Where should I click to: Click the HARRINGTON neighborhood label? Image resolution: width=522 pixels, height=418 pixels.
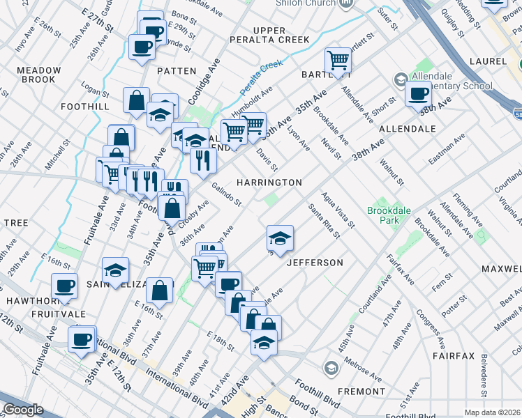tap(269, 183)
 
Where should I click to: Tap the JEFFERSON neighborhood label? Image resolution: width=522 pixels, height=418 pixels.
tap(315, 263)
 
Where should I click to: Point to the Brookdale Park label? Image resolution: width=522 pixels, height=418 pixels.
tap(385, 215)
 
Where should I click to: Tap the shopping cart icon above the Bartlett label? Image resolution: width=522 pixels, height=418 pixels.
tap(338, 59)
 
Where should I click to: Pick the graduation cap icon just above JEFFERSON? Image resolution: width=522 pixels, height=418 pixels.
tap(280, 238)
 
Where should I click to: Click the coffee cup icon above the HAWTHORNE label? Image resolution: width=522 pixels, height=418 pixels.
tap(65, 286)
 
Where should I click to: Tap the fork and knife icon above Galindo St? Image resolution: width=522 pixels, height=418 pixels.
tap(204, 160)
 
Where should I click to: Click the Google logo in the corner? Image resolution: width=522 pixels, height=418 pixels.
tap(23, 410)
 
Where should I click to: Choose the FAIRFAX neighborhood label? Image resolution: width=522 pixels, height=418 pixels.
tap(453, 355)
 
